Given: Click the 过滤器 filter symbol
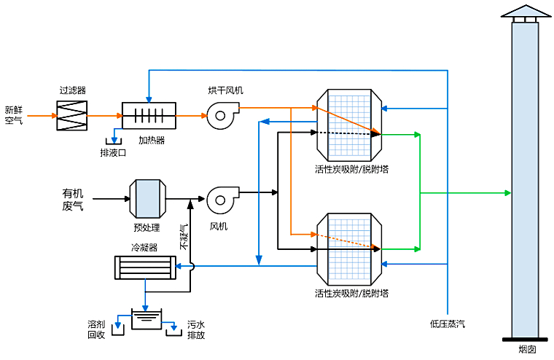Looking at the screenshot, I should click(72, 115).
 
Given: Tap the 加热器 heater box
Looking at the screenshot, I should click(149, 116).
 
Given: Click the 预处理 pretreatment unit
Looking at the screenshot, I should click(146, 198).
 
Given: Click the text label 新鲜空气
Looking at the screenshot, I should click(15, 115).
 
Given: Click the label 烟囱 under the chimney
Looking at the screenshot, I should click(527, 350).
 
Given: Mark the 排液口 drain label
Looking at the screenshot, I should click(113, 153).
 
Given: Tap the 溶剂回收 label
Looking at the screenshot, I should click(97, 329).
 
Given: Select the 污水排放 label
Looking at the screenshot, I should click(196, 329).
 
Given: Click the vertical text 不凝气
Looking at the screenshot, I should click(184, 238).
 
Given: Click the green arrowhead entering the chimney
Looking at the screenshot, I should click(507, 192).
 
